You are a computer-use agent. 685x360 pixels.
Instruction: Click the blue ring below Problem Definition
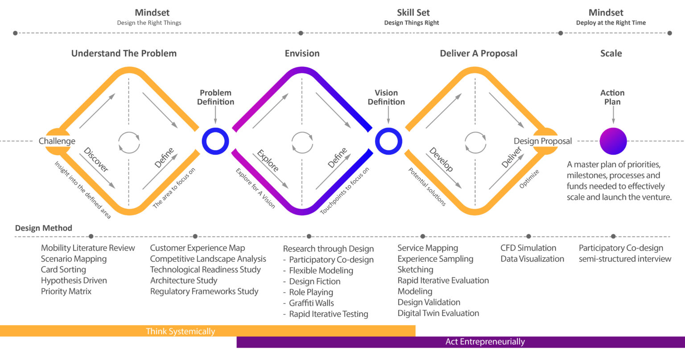point(215,141)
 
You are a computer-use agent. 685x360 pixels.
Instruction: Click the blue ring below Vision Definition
point(388,141)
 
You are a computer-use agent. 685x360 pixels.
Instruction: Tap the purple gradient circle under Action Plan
point(613,141)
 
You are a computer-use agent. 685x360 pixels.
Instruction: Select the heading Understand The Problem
point(124,54)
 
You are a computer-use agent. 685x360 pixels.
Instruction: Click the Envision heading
point(302,54)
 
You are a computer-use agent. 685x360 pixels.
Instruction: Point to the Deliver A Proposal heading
point(479,54)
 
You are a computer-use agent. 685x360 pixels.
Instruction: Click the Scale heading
point(611,54)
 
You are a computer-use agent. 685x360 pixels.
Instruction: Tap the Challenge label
point(57,141)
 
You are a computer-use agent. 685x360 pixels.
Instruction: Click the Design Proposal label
point(542,141)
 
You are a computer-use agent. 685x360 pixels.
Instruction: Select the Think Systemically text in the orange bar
point(181,331)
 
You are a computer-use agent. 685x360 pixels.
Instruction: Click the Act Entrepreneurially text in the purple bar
point(485,342)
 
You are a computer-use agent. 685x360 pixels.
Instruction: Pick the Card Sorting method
point(63,270)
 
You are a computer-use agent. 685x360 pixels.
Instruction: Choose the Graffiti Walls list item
point(311,303)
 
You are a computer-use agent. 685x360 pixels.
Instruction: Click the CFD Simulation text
point(528,248)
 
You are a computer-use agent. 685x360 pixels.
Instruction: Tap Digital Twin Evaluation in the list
point(438,313)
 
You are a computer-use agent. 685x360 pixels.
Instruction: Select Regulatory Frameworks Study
point(204,292)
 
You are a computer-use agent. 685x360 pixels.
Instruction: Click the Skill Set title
point(413,13)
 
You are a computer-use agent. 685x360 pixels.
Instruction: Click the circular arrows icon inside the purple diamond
point(302,143)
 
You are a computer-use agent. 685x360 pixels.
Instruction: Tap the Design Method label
point(44,228)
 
